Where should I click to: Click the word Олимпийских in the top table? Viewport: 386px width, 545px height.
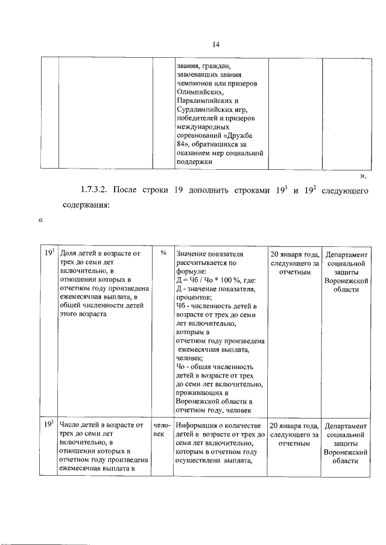point(198,92)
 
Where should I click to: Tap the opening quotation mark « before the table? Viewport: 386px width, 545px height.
point(41,220)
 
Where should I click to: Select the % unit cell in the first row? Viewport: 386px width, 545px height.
point(163,254)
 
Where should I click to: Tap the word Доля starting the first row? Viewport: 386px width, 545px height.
point(69,254)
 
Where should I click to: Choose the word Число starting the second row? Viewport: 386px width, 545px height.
point(71,425)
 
